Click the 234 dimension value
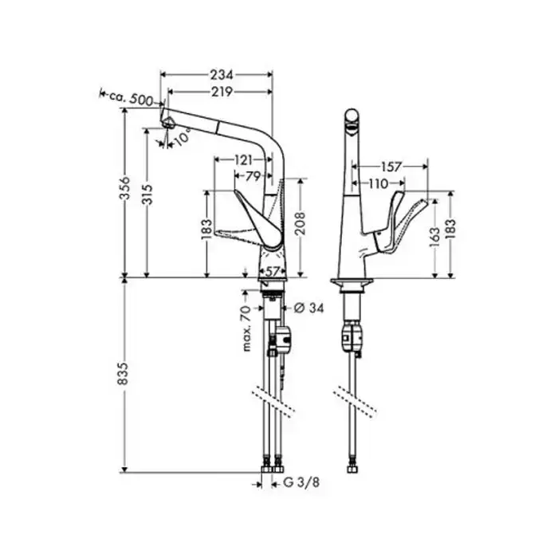coord(222,75)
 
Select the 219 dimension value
coord(222,92)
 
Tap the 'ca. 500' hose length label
coord(131,98)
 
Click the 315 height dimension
coord(147,195)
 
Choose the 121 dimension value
coord(243,159)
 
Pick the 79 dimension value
coord(253,176)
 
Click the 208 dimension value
coord(300,224)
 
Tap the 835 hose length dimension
coord(123,374)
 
